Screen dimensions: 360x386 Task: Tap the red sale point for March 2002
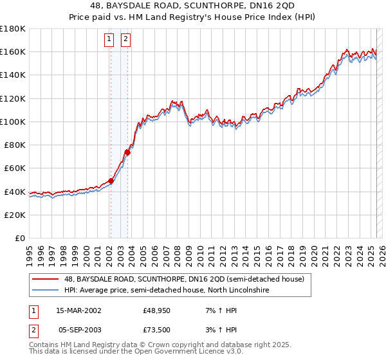(111, 181)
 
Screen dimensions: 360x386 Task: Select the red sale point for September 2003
(127, 152)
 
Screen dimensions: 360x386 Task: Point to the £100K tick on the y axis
(13, 121)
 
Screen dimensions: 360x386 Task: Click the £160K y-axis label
(13, 51)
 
